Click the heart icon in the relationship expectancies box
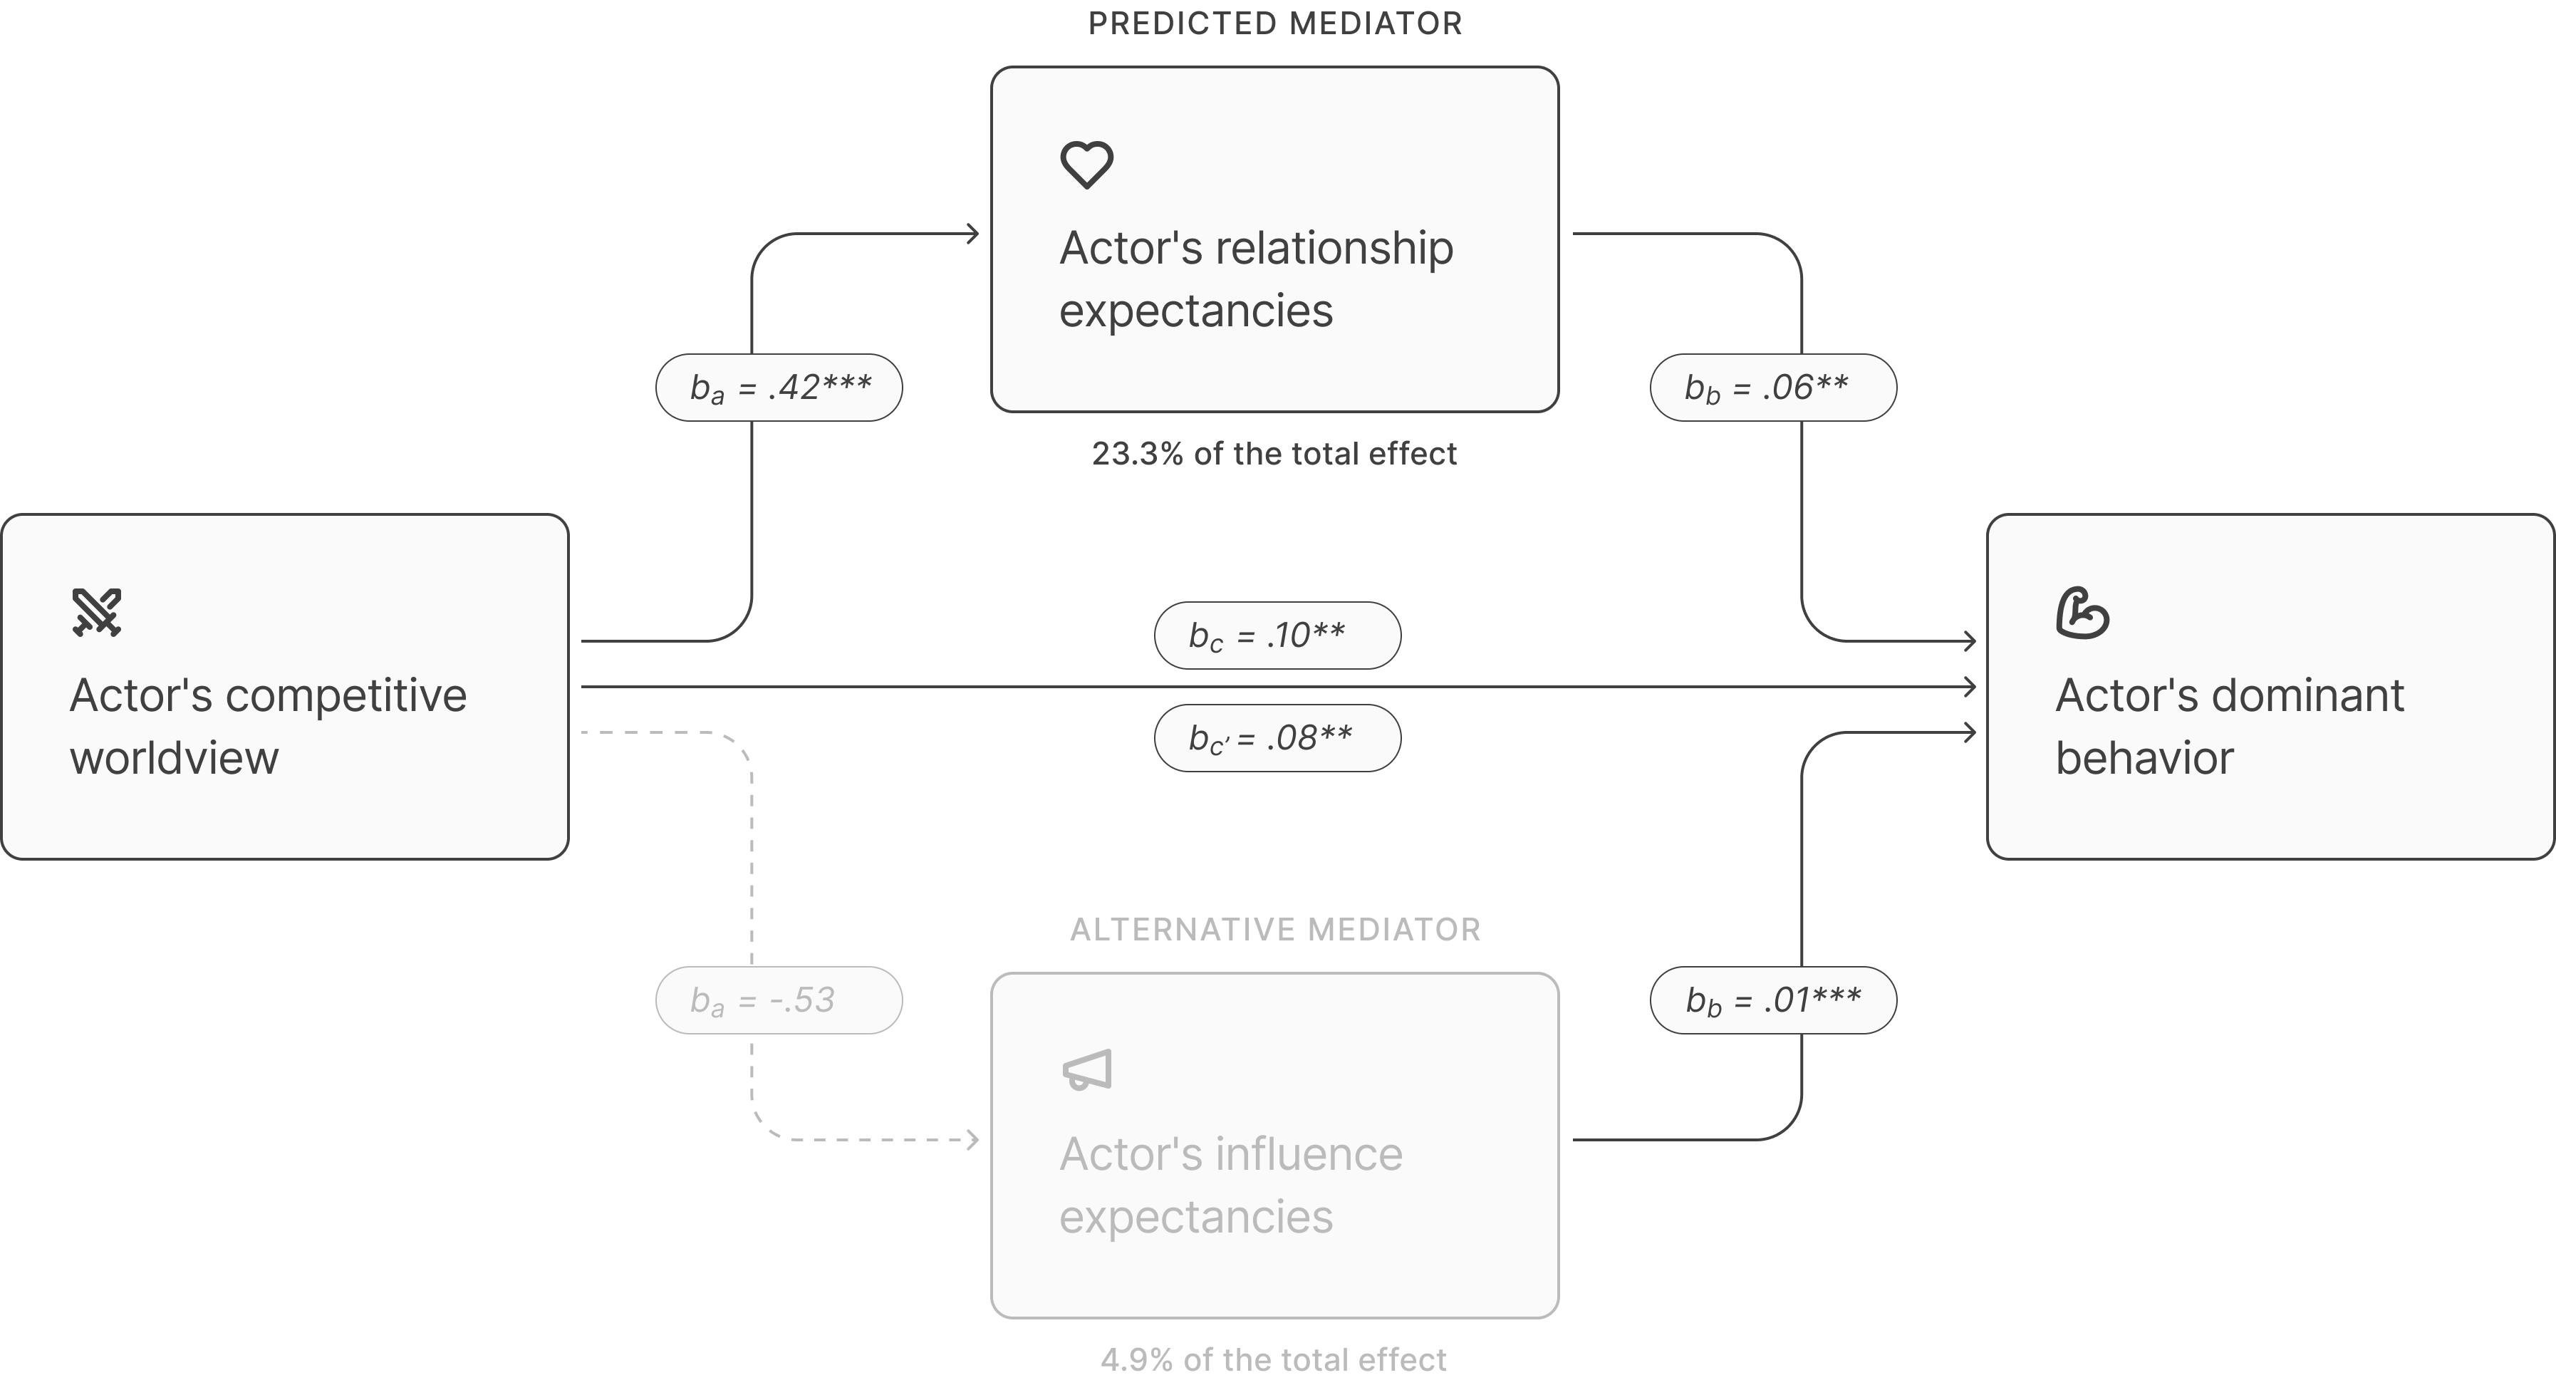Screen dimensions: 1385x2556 click(x=1086, y=165)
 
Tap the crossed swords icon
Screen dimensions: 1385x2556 click(x=96, y=612)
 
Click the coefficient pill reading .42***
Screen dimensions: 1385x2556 click(x=779, y=387)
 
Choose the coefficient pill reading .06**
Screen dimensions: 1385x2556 click(x=1772, y=387)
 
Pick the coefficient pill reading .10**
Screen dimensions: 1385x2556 click(x=1277, y=635)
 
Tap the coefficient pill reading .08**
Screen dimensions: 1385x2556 click(x=1277, y=738)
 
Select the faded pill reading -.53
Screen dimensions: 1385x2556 click(x=779, y=1000)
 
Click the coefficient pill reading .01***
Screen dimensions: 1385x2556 click(x=1772, y=1000)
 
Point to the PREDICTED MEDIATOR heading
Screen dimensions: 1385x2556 click(x=1275, y=24)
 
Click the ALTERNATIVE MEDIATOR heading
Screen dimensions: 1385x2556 click(x=1275, y=930)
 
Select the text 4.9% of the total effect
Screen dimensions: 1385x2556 click(x=1275, y=1359)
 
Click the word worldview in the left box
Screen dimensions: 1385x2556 click(x=175, y=759)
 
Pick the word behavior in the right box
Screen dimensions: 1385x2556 click(x=2144, y=759)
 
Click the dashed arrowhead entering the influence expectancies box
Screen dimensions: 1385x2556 click(x=973, y=1140)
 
